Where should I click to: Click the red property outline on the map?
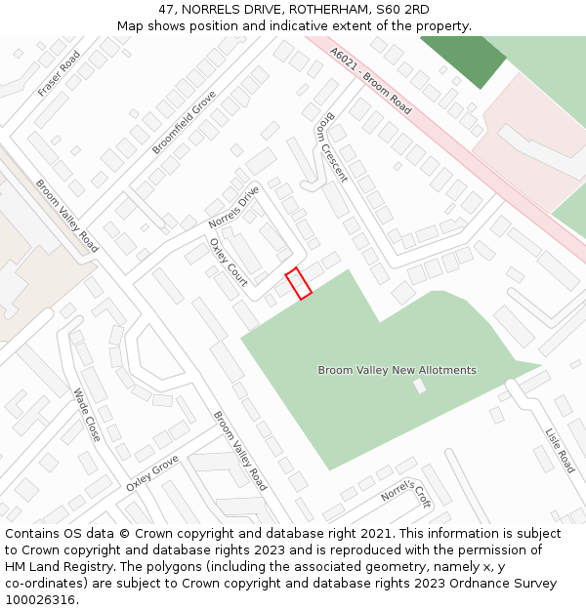[x=298, y=283]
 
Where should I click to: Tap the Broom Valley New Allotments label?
[x=397, y=370]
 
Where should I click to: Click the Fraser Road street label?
[x=59, y=73]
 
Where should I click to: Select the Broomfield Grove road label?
[x=184, y=122]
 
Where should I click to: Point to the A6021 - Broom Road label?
[x=371, y=79]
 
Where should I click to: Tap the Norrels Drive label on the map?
[x=234, y=207]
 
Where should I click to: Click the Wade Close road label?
[x=87, y=415]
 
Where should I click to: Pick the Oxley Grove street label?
[x=151, y=472]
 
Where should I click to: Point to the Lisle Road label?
[x=559, y=450]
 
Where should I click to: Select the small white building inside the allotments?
[x=420, y=386]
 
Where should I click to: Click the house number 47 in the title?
[x=166, y=10]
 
